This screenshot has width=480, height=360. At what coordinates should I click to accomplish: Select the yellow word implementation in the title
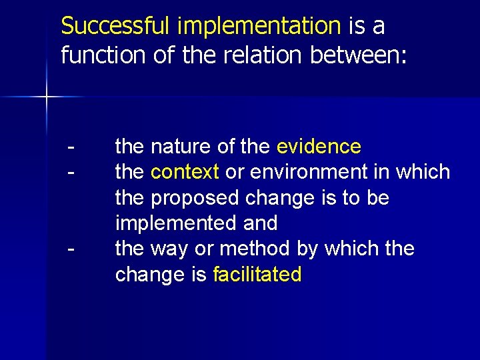coord(259,27)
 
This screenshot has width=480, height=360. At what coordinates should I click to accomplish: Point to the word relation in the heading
coord(262,55)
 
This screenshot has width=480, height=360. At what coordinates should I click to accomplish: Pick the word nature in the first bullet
coord(177,146)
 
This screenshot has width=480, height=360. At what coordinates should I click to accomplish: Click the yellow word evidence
coord(319,146)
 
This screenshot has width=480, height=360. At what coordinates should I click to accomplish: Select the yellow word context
coord(185,172)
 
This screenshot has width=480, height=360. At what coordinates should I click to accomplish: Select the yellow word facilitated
coord(257,274)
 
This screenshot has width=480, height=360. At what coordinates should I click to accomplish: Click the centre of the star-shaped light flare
coord(47,97)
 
